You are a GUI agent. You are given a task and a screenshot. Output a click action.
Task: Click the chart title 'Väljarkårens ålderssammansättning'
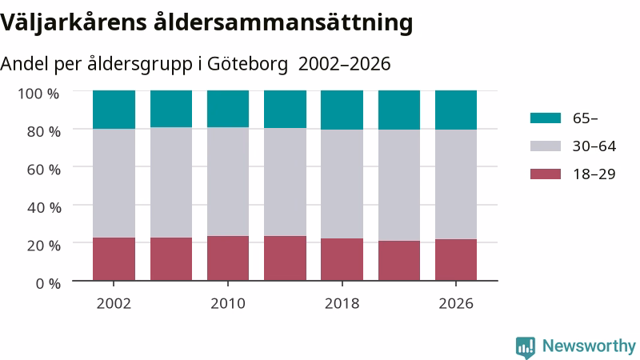[206, 23]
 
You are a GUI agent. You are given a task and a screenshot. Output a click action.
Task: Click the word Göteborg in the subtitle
[247, 64]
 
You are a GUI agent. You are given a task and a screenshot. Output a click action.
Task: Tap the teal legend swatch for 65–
[546, 118]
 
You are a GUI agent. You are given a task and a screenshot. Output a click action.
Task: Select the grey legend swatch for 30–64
[546, 146]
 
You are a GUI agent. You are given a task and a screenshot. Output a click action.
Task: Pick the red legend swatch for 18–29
[546, 174]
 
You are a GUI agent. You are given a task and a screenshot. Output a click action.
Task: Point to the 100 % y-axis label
[38, 94]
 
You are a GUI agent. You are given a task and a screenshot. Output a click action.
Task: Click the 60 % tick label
[44, 170]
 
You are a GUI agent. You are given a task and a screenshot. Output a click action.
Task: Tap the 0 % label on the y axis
[48, 283]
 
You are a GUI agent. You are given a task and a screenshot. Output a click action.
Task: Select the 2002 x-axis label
[114, 303]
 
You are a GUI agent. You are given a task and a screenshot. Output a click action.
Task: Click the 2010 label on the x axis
[228, 303]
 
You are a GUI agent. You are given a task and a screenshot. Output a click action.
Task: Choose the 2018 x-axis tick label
[342, 303]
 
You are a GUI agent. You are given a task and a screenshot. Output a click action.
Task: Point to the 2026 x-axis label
[456, 303]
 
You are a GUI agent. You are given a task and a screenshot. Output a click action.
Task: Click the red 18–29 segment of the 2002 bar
[114, 259]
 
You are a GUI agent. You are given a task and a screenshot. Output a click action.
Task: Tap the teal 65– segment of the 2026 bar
[456, 110]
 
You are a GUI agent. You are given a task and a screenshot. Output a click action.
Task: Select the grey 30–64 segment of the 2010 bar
[228, 182]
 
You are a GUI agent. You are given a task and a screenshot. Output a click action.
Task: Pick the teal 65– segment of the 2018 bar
[342, 110]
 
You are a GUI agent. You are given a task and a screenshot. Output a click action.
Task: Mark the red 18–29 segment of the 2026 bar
[456, 260]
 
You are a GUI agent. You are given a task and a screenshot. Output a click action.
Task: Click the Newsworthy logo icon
[526, 347]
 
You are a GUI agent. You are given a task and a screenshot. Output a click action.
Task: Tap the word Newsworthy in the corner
[589, 346]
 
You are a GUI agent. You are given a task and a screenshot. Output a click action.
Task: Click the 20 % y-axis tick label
[44, 246]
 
